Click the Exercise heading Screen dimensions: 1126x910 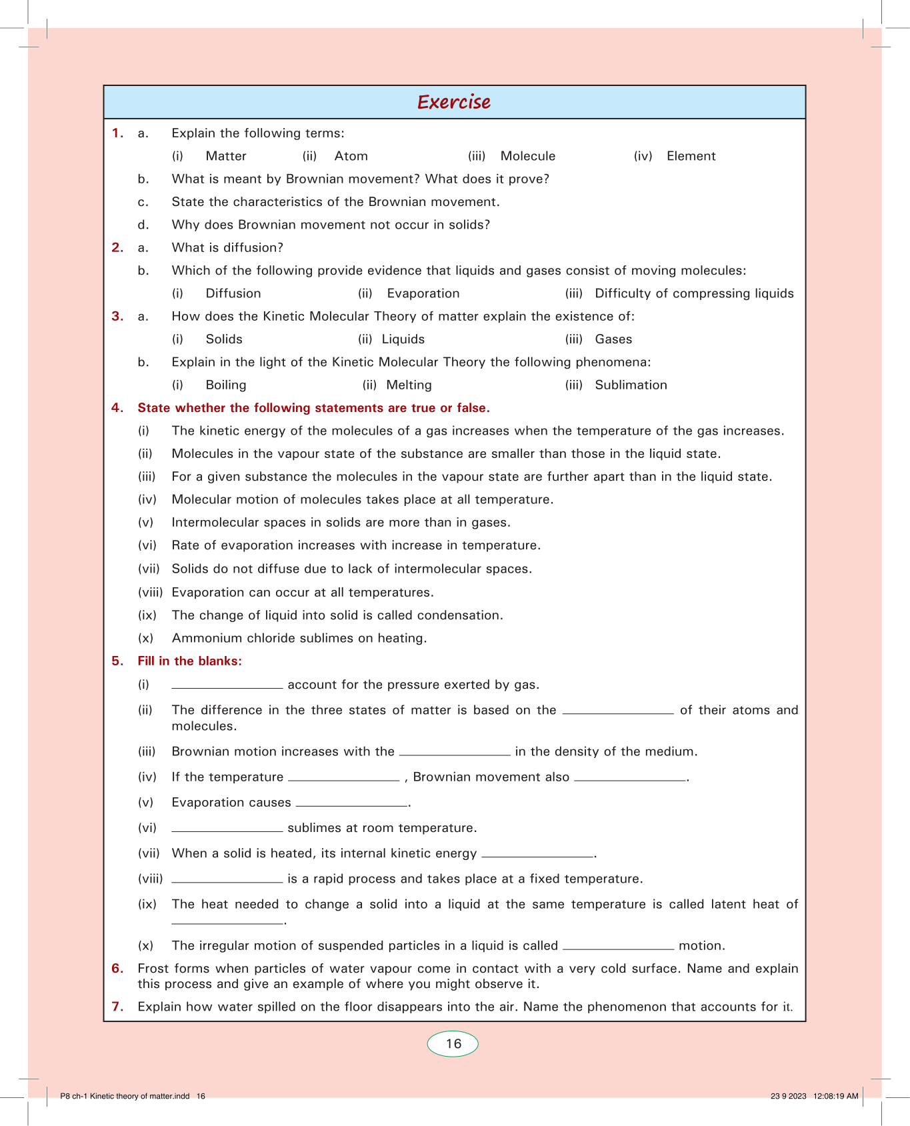pos(454,102)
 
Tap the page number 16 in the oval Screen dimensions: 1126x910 pos(453,1044)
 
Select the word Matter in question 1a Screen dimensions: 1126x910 pos(226,156)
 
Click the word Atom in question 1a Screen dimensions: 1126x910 pos(351,156)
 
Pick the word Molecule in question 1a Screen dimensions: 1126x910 pos(527,156)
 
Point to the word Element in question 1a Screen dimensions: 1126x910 pos(691,156)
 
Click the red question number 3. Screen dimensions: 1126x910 pos(117,316)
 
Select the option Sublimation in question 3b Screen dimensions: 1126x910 pos(631,385)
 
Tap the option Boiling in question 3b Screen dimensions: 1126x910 pos(226,385)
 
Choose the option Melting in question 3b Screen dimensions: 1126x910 pos(409,385)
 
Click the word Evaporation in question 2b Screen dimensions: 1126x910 pos(423,293)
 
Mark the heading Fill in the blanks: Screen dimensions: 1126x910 pos(189,661)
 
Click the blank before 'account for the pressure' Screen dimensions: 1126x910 pos(227,686)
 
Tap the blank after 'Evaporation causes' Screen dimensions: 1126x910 pos(351,804)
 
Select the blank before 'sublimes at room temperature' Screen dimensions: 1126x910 pos(227,829)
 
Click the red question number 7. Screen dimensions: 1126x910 pos(117,1007)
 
